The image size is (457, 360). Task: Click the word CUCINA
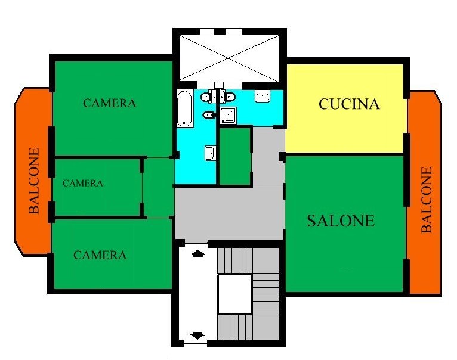pyautogui.click(x=349, y=104)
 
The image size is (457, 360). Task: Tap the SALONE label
pyautogui.click(x=341, y=221)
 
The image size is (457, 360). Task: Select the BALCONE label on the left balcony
pyautogui.click(x=34, y=181)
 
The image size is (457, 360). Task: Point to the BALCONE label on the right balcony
pyautogui.click(x=427, y=200)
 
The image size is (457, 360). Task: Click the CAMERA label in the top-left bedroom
pyautogui.click(x=109, y=103)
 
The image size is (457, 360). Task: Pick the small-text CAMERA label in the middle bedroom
pyautogui.click(x=83, y=183)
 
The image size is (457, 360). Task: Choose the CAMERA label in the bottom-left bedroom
pyautogui.click(x=100, y=255)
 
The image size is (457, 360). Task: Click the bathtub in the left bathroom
pyautogui.click(x=184, y=108)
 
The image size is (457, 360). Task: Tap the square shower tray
pyautogui.click(x=229, y=115)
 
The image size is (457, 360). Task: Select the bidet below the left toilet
pyautogui.click(x=209, y=116)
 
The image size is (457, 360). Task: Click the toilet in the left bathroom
pyautogui.click(x=206, y=96)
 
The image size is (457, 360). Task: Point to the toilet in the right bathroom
pyautogui.click(x=229, y=96)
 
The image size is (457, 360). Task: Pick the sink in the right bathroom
pyautogui.click(x=263, y=96)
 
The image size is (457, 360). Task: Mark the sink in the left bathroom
pyautogui.click(x=210, y=153)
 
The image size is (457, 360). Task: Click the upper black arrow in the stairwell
pyautogui.click(x=198, y=253)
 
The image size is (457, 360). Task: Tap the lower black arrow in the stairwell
pyautogui.click(x=198, y=336)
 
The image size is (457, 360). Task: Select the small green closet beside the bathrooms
pyautogui.click(x=235, y=156)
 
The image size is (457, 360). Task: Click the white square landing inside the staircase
pyautogui.click(x=234, y=294)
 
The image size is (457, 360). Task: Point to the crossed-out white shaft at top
pyautogui.click(x=229, y=58)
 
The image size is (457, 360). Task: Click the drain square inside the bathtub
pyautogui.click(x=184, y=122)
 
